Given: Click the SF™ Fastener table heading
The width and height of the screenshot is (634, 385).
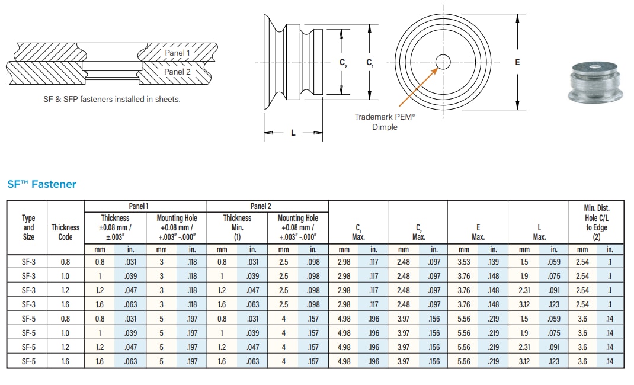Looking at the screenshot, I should pos(41,184).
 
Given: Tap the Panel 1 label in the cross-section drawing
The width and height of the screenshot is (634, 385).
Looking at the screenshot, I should pos(177,53).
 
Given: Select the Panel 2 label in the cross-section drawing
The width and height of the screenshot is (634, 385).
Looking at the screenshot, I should pos(177,72).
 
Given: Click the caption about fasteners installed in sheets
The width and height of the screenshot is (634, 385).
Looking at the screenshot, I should pos(112,99).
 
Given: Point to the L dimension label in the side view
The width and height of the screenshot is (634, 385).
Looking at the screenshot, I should pos(293,133).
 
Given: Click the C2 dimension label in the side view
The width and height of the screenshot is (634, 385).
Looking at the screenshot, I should pos(343,62).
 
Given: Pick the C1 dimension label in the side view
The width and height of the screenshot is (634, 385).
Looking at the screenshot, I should pos(370,62).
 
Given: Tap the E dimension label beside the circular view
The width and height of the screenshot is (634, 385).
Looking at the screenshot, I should pos(517,62).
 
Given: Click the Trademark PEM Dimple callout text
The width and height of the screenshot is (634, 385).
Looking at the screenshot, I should pos(385,121).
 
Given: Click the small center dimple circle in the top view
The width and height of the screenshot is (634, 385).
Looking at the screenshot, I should pos(443,62).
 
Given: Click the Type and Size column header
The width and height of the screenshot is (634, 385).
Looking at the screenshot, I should pos(28,227).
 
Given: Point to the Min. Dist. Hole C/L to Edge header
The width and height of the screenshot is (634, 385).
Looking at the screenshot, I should pos(597,222).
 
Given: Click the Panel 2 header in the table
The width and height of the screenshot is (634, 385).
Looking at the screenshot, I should pos(261,206).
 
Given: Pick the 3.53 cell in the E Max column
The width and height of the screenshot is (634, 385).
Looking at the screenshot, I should pos(463,262).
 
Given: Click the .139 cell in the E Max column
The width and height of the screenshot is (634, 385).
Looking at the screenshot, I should pos(493,262).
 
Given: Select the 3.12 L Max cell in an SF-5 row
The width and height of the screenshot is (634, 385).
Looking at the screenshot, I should pos(524,361).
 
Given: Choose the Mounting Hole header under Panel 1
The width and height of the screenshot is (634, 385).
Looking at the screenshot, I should pos(177,227).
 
